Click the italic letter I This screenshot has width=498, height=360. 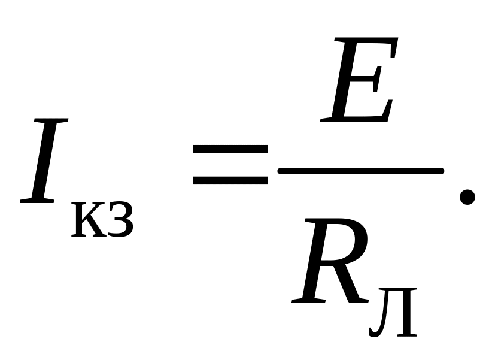pos(44,161)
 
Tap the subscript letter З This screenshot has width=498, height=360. pos(120,220)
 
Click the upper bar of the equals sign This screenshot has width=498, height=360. pos(230,149)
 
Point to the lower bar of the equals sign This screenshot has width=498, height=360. pos(230,180)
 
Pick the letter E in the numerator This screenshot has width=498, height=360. pos(359,80)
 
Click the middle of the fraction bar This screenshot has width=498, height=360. pos(361,171)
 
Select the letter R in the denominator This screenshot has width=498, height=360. pos(330,261)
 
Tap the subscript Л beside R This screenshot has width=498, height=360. pos(393,312)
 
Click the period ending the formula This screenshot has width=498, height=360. pos(467,197)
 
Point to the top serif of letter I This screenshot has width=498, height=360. pos(51,121)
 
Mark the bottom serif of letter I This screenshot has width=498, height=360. pos(37,201)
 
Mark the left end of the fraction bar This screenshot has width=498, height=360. pos(280,171)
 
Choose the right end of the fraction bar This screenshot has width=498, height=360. pos(442,171)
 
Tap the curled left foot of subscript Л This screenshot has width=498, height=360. pos(373,332)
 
